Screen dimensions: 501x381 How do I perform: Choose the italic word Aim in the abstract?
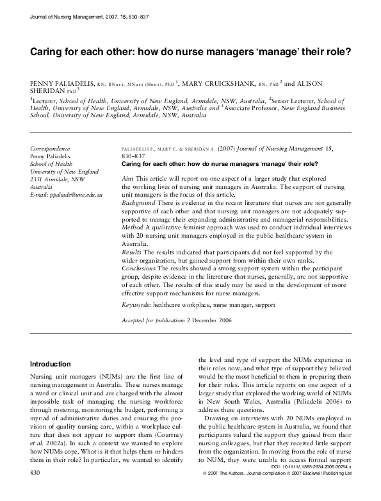127,176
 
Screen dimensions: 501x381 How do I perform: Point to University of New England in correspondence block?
65,171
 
